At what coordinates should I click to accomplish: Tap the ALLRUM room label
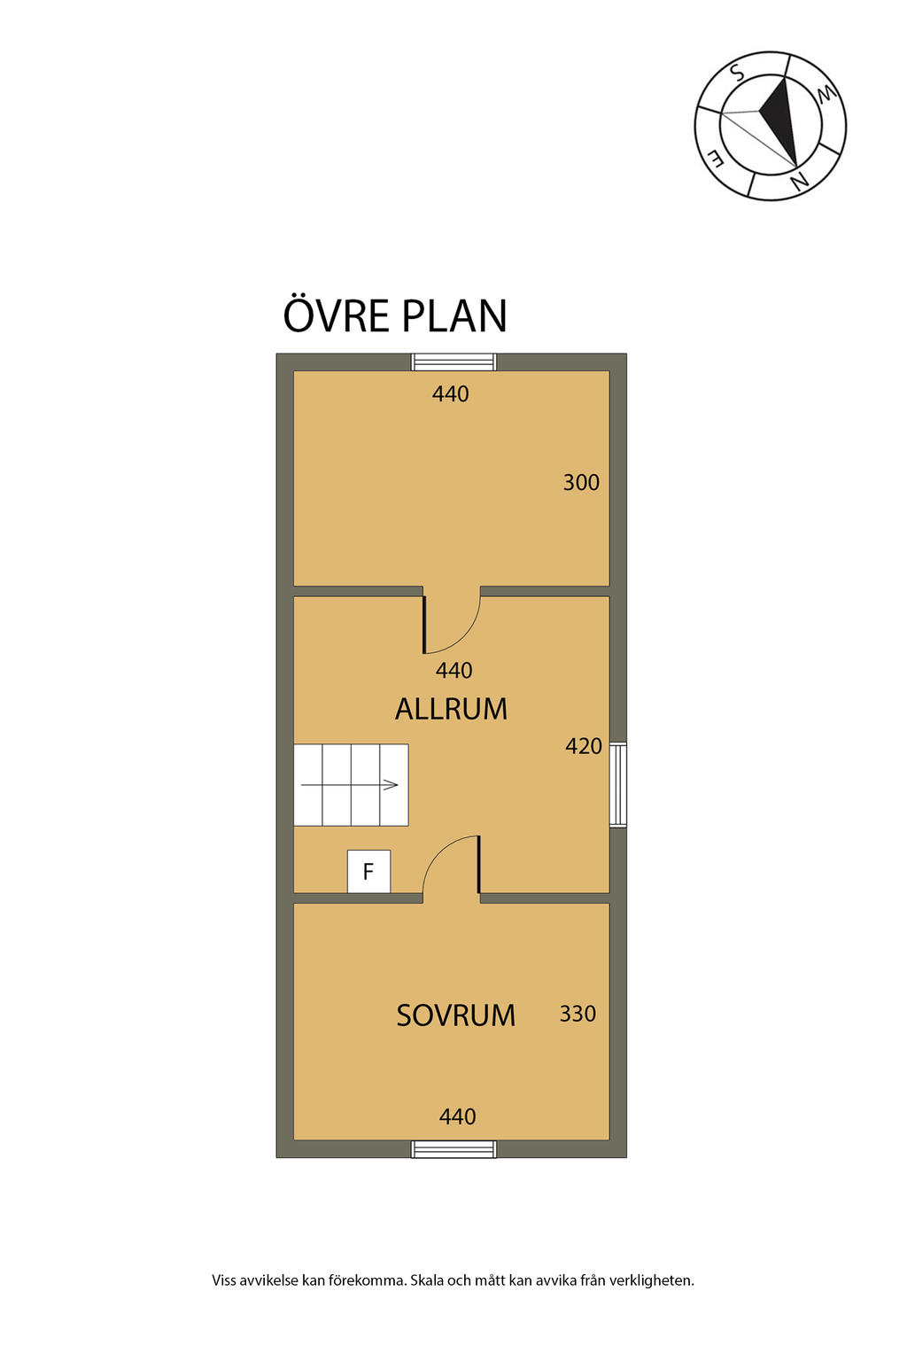pos(451,709)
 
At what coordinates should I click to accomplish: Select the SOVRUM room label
pos(455,1015)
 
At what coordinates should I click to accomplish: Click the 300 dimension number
pos(581,482)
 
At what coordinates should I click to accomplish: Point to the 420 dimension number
pos(583,746)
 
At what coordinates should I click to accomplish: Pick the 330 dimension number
pos(578,1014)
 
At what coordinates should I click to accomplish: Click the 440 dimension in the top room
pos(451,394)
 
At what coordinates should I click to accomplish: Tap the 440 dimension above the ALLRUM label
pos(453,670)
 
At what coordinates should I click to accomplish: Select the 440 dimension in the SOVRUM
pos(457,1116)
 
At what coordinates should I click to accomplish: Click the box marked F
pos(368,871)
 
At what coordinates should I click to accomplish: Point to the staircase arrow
pos(349,785)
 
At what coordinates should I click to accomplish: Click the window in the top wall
pos(453,362)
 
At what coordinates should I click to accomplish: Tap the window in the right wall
pos(618,784)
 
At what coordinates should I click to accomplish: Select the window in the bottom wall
pos(453,1149)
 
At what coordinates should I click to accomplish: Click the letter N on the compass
pos(799,180)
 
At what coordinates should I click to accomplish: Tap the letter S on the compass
pos(737,73)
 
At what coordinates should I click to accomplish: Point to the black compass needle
pos(779,121)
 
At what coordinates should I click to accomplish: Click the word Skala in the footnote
pos(427,1280)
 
